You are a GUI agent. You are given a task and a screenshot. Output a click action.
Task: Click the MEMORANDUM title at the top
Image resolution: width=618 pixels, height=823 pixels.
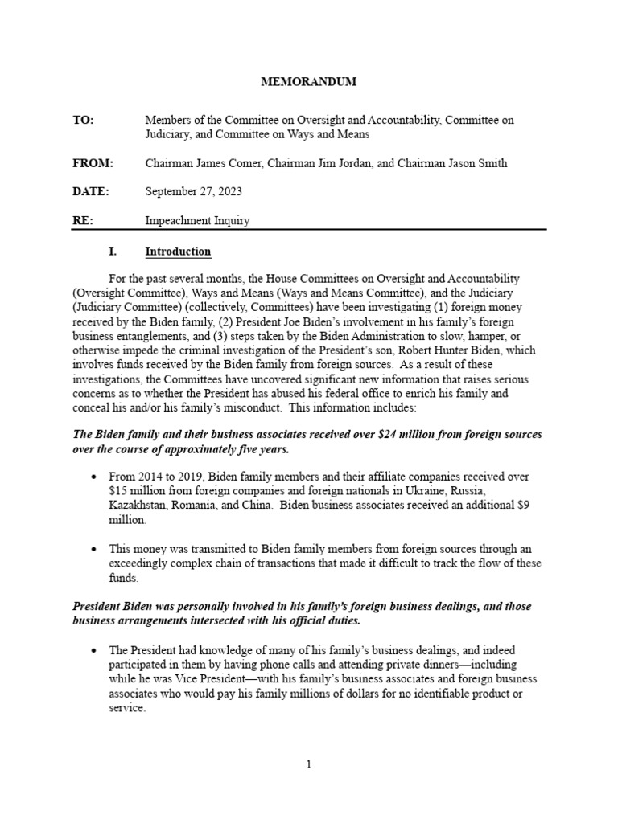coord(308,82)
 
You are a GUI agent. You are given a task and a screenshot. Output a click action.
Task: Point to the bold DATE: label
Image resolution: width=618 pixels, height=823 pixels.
coord(90,191)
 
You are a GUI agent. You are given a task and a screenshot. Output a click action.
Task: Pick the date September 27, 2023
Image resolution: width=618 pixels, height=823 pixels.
coord(193,191)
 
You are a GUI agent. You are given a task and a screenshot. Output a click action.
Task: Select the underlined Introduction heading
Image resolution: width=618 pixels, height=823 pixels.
coord(178,252)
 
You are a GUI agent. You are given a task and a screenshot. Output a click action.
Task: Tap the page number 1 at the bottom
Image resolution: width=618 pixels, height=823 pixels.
coord(308,764)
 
